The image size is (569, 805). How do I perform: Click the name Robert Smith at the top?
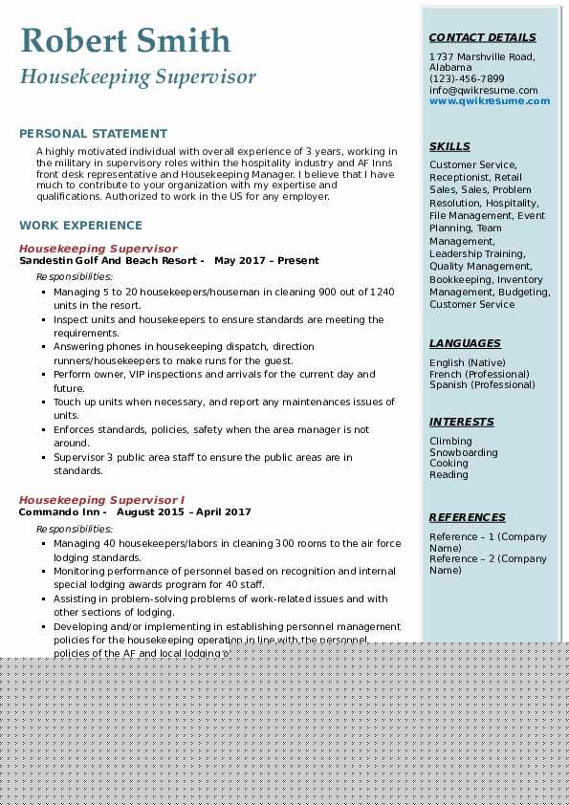pos(125,40)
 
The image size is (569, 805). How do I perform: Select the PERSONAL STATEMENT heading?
pos(93,134)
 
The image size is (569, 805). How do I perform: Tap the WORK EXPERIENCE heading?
pos(80,226)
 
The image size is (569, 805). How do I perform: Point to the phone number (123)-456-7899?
pos(467,78)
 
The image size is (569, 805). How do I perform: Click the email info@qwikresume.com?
pos(483,90)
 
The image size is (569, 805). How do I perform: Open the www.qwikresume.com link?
pos(490,100)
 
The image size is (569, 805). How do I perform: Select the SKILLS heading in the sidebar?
pos(449,146)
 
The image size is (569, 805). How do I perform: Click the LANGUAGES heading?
pos(465,343)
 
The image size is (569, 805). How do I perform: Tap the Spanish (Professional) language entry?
pos(482,384)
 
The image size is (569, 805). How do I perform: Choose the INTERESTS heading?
pos(462,422)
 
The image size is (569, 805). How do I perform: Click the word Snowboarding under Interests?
pos(463,452)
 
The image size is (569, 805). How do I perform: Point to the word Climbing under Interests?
pos(450,441)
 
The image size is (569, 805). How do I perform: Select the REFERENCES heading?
pos(468,517)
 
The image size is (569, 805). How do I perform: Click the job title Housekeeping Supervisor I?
pos(101,500)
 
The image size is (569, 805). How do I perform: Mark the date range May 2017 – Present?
pos(267,260)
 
